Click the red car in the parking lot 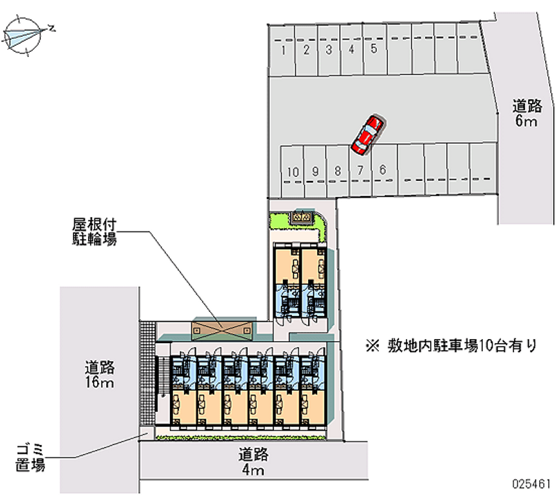(x=367, y=134)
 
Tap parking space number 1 (x=283, y=50)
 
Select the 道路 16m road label (x=100, y=374)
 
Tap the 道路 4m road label (x=253, y=463)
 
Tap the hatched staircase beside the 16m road (x=146, y=374)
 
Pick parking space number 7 (x=360, y=171)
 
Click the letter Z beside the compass (x=52, y=28)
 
